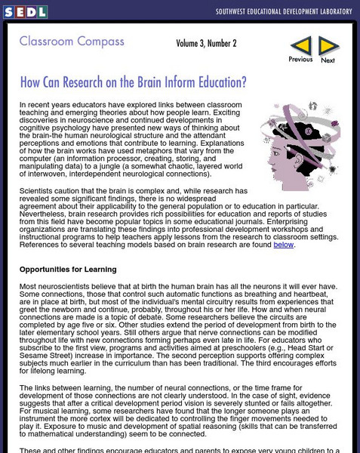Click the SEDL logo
25,11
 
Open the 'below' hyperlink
284,244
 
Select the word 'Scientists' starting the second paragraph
38,190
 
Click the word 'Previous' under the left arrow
300,60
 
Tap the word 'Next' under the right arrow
328,60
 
